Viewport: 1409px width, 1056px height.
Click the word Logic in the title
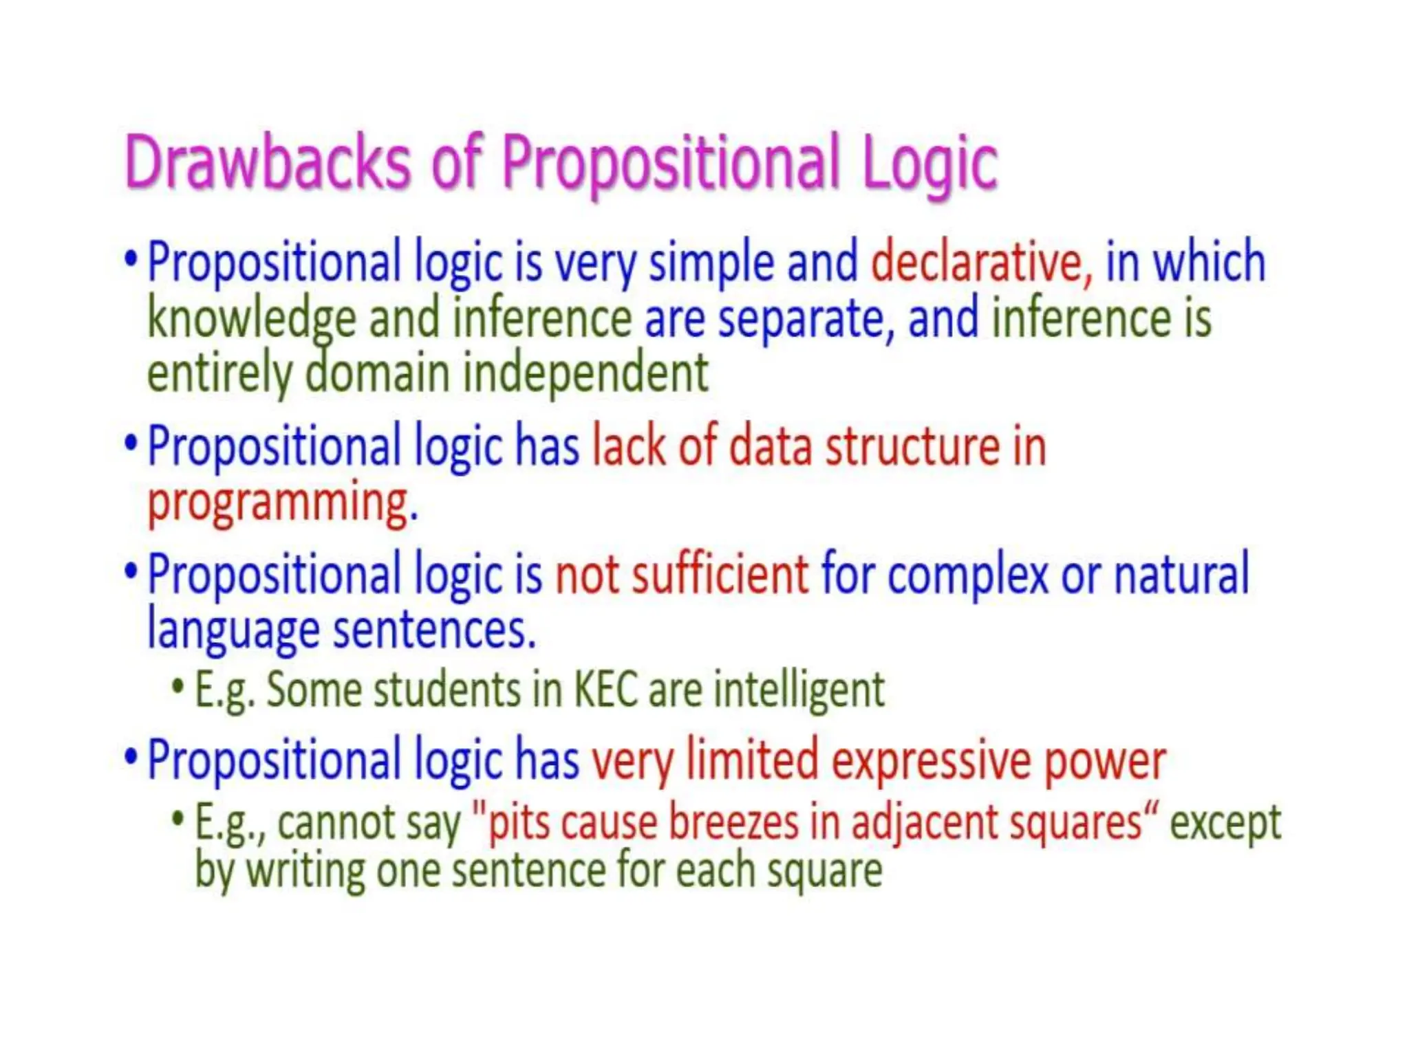pyautogui.click(x=928, y=162)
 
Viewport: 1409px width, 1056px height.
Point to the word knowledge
pyautogui.click(x=252, y=319)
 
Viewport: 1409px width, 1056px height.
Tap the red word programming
pyautogui.click(x=279, y=503)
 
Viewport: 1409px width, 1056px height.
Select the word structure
pyautogui.click(x=912, y=447)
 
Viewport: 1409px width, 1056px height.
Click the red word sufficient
pyautogui.click(x=720, y=574)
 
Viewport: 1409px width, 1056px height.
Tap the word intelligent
pyautogui.click(x=798, y=690)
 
